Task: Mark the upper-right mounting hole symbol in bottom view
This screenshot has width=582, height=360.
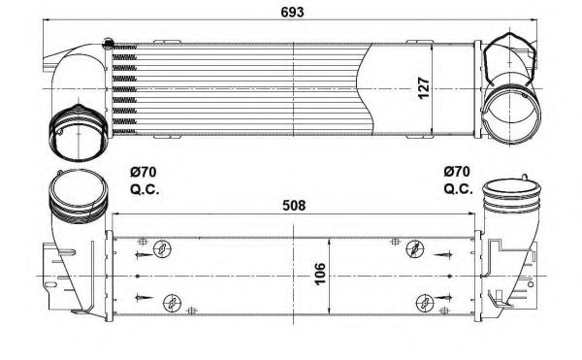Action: point(416,249)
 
